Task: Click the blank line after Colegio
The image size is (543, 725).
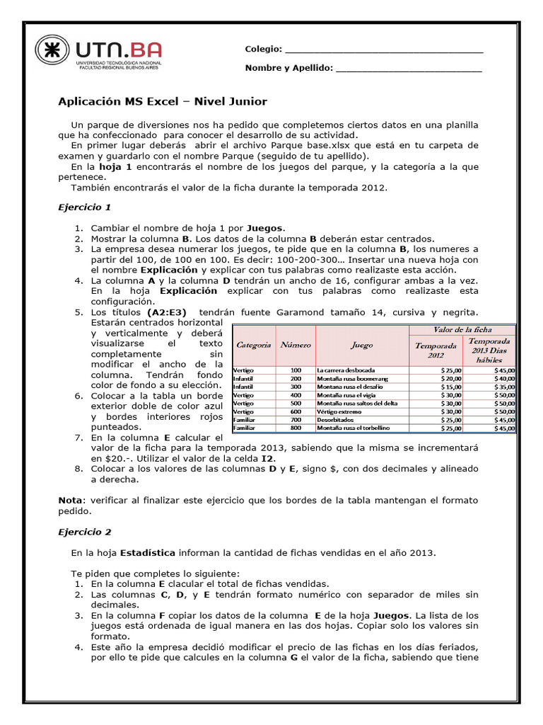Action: pyautogui.click(x=384, y=50)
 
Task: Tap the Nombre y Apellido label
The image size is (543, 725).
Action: pyautogui.click(x=288, y=69)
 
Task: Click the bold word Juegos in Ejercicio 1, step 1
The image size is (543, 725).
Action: pyautogui.click(x=264, y=228)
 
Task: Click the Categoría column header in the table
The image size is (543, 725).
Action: pyautogui.click(x=253, y=346)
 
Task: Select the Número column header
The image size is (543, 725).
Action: pyautogui.click(x=296, y=346)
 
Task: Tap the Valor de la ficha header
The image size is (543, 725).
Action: pyautogui.click(x=462, y=330)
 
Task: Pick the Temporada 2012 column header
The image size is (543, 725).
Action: pyautogui.click(x=436, y=350)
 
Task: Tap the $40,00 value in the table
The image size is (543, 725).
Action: pyautogui.click(x=505, y=379)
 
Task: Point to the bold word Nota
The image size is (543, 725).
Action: pyautogui.click(x=69, y=500)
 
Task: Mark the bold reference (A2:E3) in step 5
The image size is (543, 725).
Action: pyautogui.click(x=167, y=312)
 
